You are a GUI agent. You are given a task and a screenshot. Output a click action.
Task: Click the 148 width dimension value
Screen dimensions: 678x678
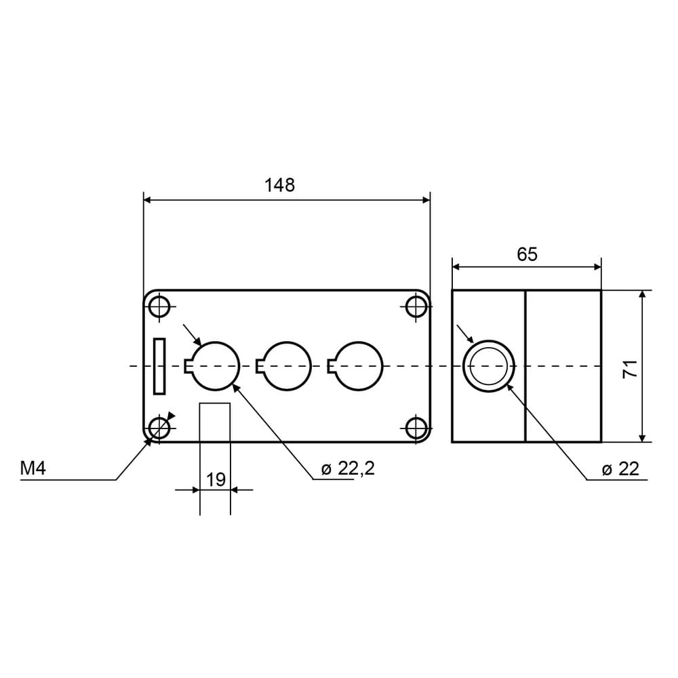279,185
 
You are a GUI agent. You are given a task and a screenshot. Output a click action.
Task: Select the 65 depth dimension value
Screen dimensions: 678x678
527,254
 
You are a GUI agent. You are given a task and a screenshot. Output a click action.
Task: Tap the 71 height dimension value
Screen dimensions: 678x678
630,368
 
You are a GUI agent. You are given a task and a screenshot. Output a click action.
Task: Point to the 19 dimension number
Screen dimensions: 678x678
216,479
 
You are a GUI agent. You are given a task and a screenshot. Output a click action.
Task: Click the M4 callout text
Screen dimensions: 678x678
33,468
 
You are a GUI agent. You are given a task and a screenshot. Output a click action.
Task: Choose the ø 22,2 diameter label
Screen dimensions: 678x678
348,468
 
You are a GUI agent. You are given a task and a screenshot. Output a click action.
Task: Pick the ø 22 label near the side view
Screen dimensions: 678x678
620,468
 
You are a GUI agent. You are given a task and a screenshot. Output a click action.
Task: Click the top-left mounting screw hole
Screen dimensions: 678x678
159,306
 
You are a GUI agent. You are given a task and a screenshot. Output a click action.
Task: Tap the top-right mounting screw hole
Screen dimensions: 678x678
416,306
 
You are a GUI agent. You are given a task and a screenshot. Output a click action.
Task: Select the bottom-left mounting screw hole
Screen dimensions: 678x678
159,428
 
